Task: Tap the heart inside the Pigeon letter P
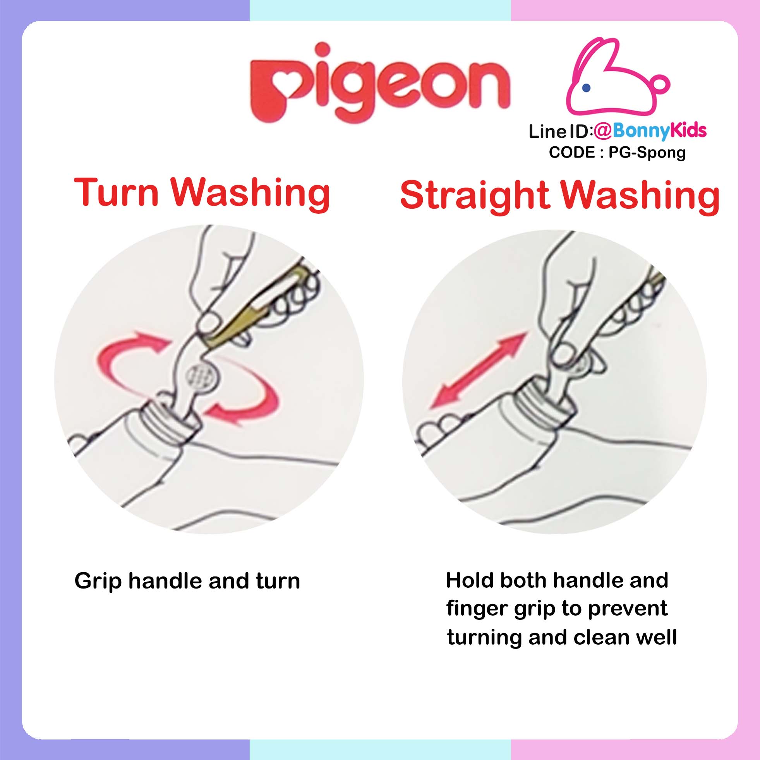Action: pos(284,83)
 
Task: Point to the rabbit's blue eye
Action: pos(587,87)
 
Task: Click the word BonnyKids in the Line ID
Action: pos(660,131)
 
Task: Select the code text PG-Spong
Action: pos(647,152)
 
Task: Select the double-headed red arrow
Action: pos(477,370)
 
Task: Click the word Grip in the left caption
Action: pos(98,582)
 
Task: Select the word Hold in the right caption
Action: pos(470,580)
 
